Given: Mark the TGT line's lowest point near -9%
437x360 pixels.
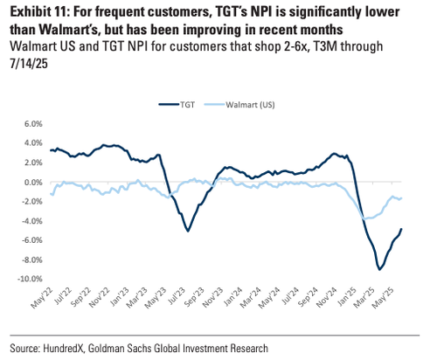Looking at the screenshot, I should [379, 269].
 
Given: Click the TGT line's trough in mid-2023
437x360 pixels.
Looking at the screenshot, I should [187, 231].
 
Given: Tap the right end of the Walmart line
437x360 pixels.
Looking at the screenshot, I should [401, 197].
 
